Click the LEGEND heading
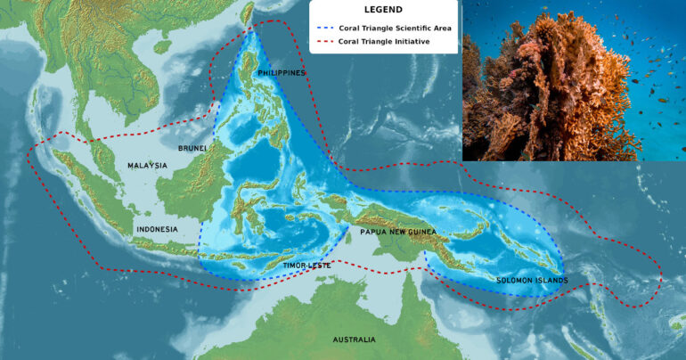coord(383,10)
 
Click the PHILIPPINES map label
coord(282,72)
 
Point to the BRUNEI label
coord(192,149)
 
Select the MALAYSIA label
coord(147,166)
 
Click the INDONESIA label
coord(157,229)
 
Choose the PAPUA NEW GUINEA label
coord(398,232)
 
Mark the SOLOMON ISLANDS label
coord(532,281)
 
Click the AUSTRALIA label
coord(354,340)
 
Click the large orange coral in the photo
coord(561,89)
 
